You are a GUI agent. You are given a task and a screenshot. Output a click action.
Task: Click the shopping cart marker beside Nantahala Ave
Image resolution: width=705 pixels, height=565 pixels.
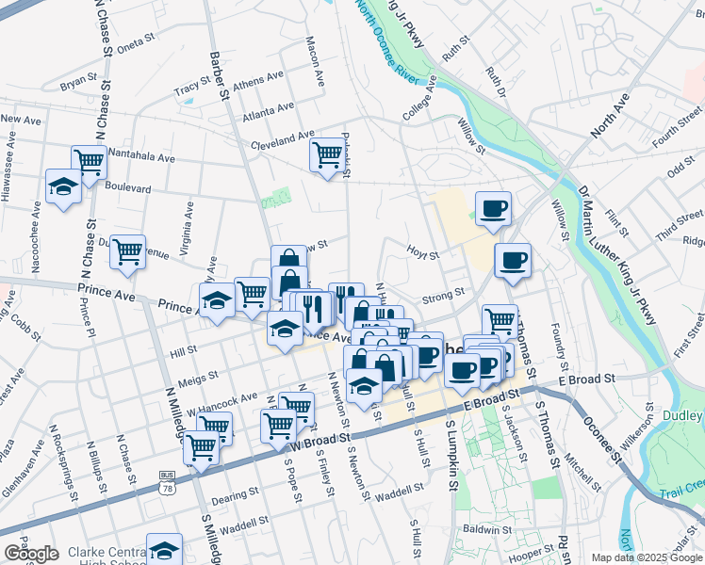(89, 162)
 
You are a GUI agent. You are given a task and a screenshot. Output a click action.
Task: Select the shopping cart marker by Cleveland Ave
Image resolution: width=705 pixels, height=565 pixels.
(327, 153)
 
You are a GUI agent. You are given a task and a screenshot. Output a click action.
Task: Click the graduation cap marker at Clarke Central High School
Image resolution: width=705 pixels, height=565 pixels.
(164, 550)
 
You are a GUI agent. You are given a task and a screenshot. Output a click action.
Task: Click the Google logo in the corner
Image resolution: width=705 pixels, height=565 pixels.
(31, 554)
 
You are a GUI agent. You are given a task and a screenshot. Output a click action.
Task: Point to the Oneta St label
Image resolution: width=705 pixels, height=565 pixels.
(135, 42)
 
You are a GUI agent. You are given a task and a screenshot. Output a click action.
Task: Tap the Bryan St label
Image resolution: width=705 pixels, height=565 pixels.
(78, 84)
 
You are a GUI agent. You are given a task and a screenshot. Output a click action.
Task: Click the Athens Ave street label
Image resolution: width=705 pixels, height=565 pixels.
(258, 82)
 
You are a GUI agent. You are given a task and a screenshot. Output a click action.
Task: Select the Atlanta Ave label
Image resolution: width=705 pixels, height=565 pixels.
(263, 117)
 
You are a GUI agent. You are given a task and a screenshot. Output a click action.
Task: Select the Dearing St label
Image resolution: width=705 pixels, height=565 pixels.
(237, 493)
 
